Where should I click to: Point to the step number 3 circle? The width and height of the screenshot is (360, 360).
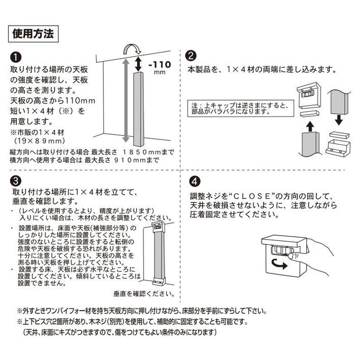point(15,181)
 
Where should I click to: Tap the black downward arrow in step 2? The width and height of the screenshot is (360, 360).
point(338,120)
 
